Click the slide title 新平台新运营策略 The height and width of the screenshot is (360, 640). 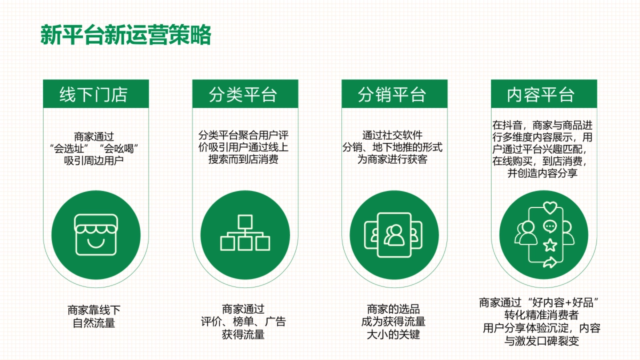tap(126, 35)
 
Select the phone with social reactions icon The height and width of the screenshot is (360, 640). tap(545, 234)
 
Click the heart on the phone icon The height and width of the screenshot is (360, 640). tap(549, 208)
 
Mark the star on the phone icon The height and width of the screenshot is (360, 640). tap(549, 245)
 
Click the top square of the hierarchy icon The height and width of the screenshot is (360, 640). tap(245, 220)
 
